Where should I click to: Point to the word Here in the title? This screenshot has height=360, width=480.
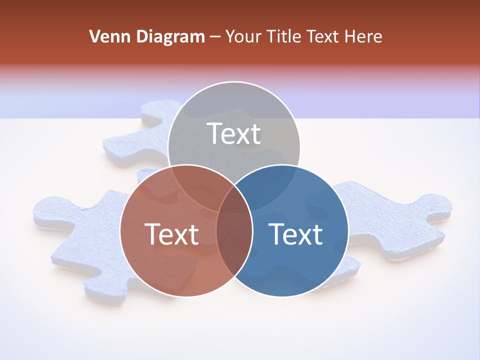click(364, 36)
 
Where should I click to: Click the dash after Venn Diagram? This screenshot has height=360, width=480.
click(215, 37)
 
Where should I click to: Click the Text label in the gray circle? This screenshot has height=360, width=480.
click(234, 133)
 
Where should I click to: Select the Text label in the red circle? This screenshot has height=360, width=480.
click(171, 234)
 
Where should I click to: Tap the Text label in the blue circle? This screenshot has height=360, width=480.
click(296, 234)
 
